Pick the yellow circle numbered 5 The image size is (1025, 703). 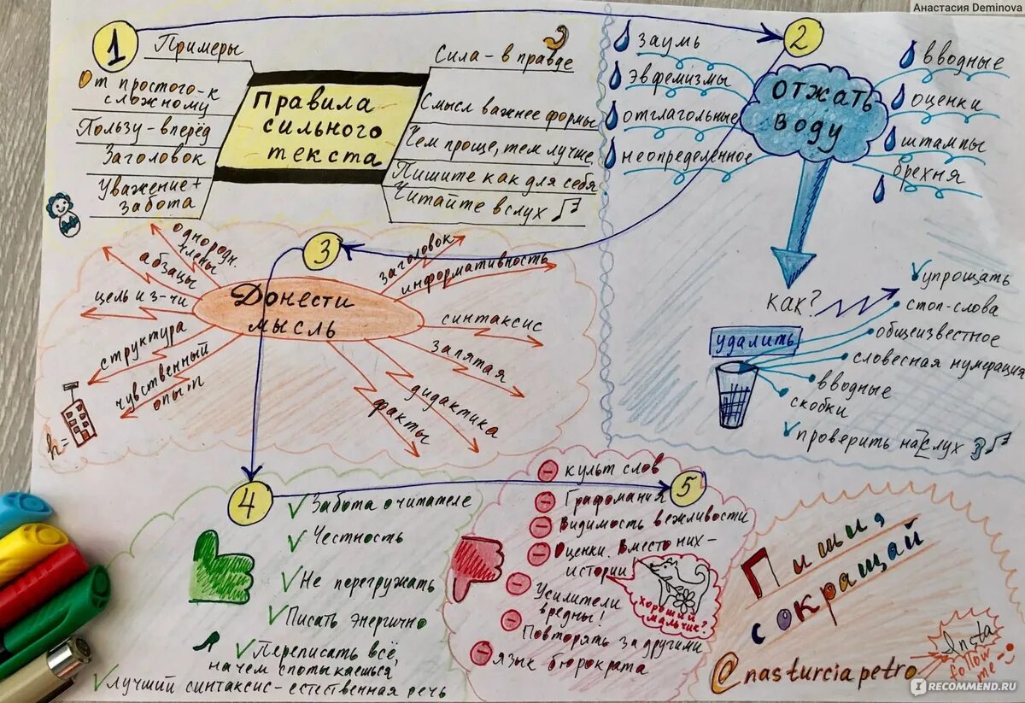(688, 489)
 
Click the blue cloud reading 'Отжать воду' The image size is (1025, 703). (812, 114)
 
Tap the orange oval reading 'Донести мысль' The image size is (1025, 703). (307, 312)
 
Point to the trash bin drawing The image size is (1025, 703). (735, 392)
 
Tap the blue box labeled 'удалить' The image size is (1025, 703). (756, 341)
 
